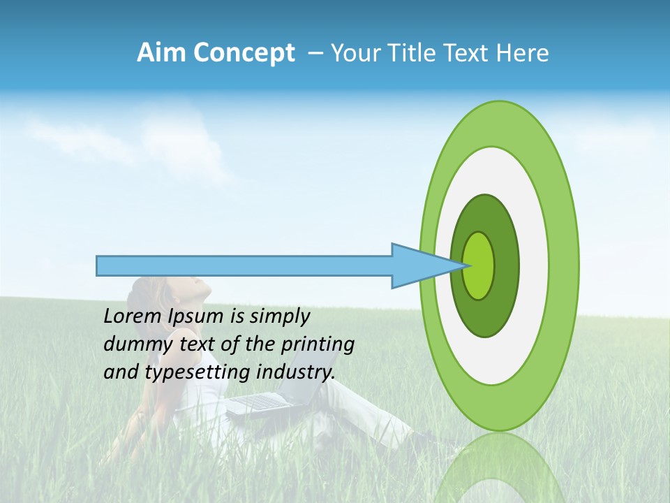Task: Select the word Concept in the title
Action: (x=244, y=54)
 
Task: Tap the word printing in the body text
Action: (x=318, y=345)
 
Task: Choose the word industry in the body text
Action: (x=293, y=372)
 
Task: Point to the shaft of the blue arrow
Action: (x=244, y=265)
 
